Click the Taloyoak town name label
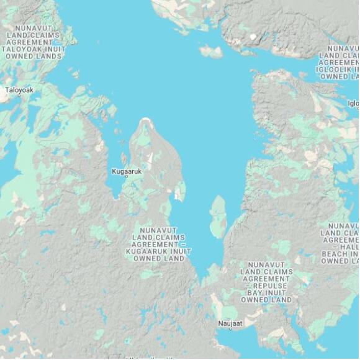[x=19, y=90]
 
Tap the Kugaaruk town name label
[x=127, y=171]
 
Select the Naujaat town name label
[x=229, y=324]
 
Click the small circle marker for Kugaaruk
[x=127, y=177]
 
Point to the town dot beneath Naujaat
[x=229, y=330]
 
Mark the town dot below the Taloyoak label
[x=19, y=96]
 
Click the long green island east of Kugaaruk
[x=218, y=216]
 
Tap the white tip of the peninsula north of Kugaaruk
[x=146, y=120]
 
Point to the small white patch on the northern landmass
[x=253, y=37]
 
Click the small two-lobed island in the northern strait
[x=211, y=51]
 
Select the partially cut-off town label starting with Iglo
[x=353, y=104]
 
